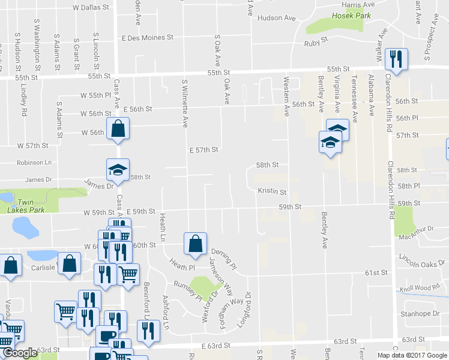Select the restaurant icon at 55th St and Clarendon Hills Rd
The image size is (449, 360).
click(x=396, y=59)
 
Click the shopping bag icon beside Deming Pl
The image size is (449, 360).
click(x=194, y=244)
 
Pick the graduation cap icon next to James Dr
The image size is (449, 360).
click(x=118, y=170)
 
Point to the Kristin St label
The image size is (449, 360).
click(x=272, y=192)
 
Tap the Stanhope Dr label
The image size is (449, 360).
click(x=420, y=314)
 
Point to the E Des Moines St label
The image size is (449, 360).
click(x=147, y=37)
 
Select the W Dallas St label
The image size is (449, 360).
click(x=91, y=8)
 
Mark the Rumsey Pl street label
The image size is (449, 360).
click(x=187, y=289)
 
